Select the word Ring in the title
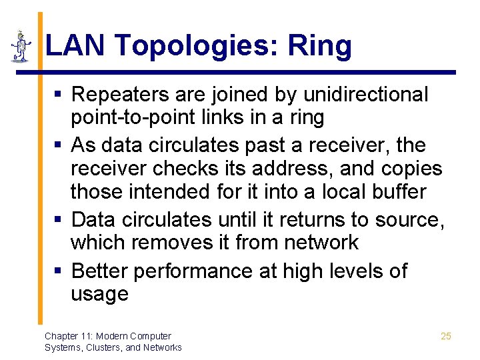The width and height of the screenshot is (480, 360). tap(320, 47)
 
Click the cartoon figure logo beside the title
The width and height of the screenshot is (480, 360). tap(22, 46)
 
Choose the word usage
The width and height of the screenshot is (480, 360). tap(99, 295)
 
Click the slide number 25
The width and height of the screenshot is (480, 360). tap(446, 336)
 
